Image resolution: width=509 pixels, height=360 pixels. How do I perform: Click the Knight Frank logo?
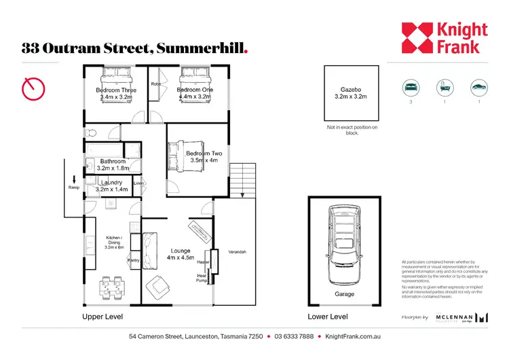pyautogui.click(x=444, y=38)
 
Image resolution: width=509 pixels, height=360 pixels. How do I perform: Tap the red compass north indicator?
pyautogui.click(x=33, y=88)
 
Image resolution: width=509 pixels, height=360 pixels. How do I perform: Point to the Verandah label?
pyautogui.click(x=238, y=252)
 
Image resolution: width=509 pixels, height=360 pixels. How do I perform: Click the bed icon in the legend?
pyautogui.click(x=410, y=88)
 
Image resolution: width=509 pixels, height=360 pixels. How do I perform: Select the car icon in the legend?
pyautogui.click(x=478, y=88)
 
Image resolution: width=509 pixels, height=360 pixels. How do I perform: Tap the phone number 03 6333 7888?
pyautogui.click(x=294, y=336)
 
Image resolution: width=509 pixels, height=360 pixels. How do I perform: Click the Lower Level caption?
pyautogui.click(x=328, y=317)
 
